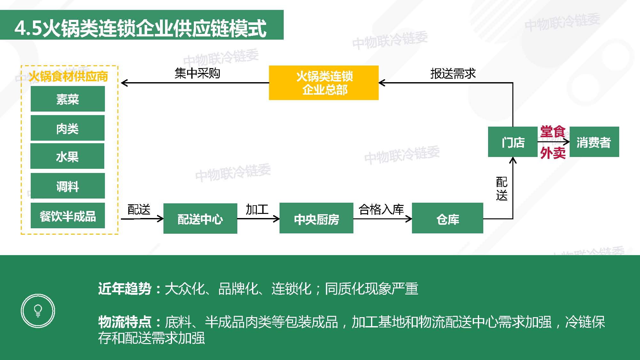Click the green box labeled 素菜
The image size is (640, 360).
(67, 99)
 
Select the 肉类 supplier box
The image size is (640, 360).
(67, 128)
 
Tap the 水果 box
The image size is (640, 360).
(67, 156)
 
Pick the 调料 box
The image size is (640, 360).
(67, 186)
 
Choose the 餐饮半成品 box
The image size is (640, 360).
(67, 215)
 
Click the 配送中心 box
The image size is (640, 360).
(200, 218)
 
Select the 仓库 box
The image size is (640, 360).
(447, 218)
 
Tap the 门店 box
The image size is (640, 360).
(513, 142)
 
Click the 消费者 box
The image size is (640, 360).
(594, 142)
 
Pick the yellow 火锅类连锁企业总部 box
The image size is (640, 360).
(324, 83)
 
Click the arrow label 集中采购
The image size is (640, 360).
(197, 73)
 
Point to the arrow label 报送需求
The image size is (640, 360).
(453, 74)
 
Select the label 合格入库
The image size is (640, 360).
(381, 209)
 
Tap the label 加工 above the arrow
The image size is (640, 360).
(257, 209)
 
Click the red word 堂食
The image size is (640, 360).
(553, 132)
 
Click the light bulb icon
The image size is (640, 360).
(38, 310)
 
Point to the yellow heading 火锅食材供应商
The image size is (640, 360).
(68, 76)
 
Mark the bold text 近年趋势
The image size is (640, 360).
(125, 289)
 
